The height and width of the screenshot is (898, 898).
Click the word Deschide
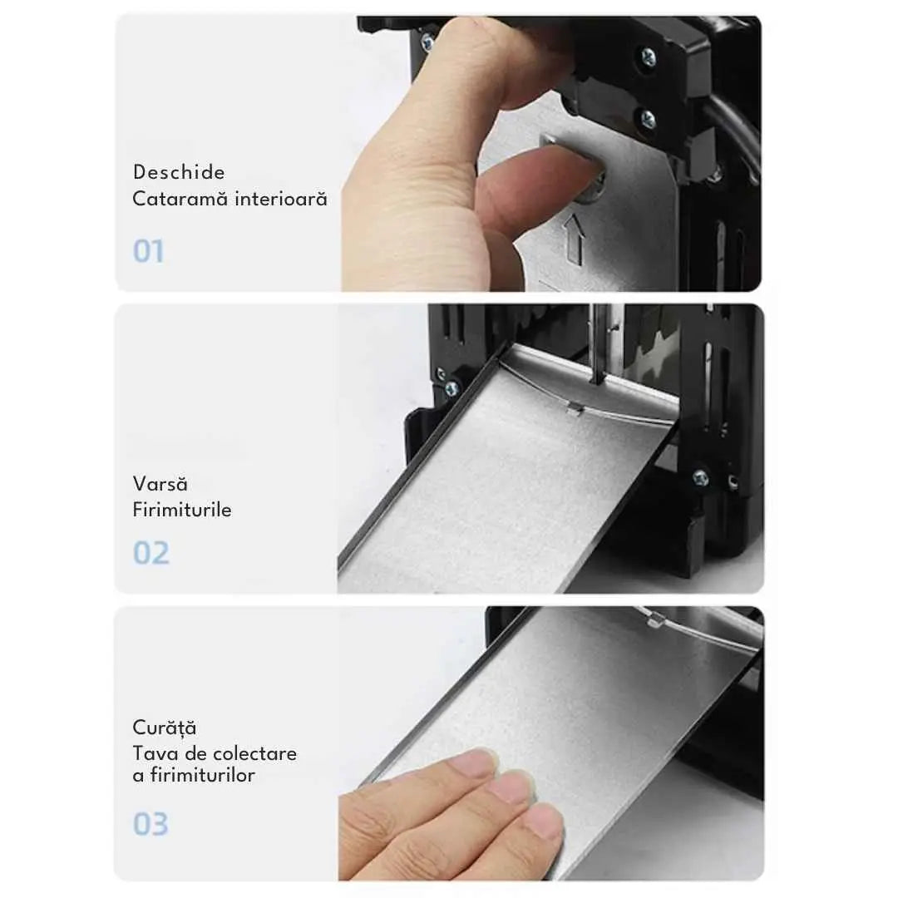179,172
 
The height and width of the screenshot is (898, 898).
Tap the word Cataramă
180,199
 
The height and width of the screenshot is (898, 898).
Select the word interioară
281,199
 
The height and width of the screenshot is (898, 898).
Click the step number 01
148,251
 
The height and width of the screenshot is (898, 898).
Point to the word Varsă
160,483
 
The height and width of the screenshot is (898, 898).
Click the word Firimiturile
182,509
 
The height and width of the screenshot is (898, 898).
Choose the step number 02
151,553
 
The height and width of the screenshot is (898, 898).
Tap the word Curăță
165,728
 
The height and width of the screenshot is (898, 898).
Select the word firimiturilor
203,775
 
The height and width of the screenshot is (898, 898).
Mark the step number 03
150,824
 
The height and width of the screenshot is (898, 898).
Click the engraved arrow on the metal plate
575,239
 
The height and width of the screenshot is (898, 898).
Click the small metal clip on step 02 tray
573,408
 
